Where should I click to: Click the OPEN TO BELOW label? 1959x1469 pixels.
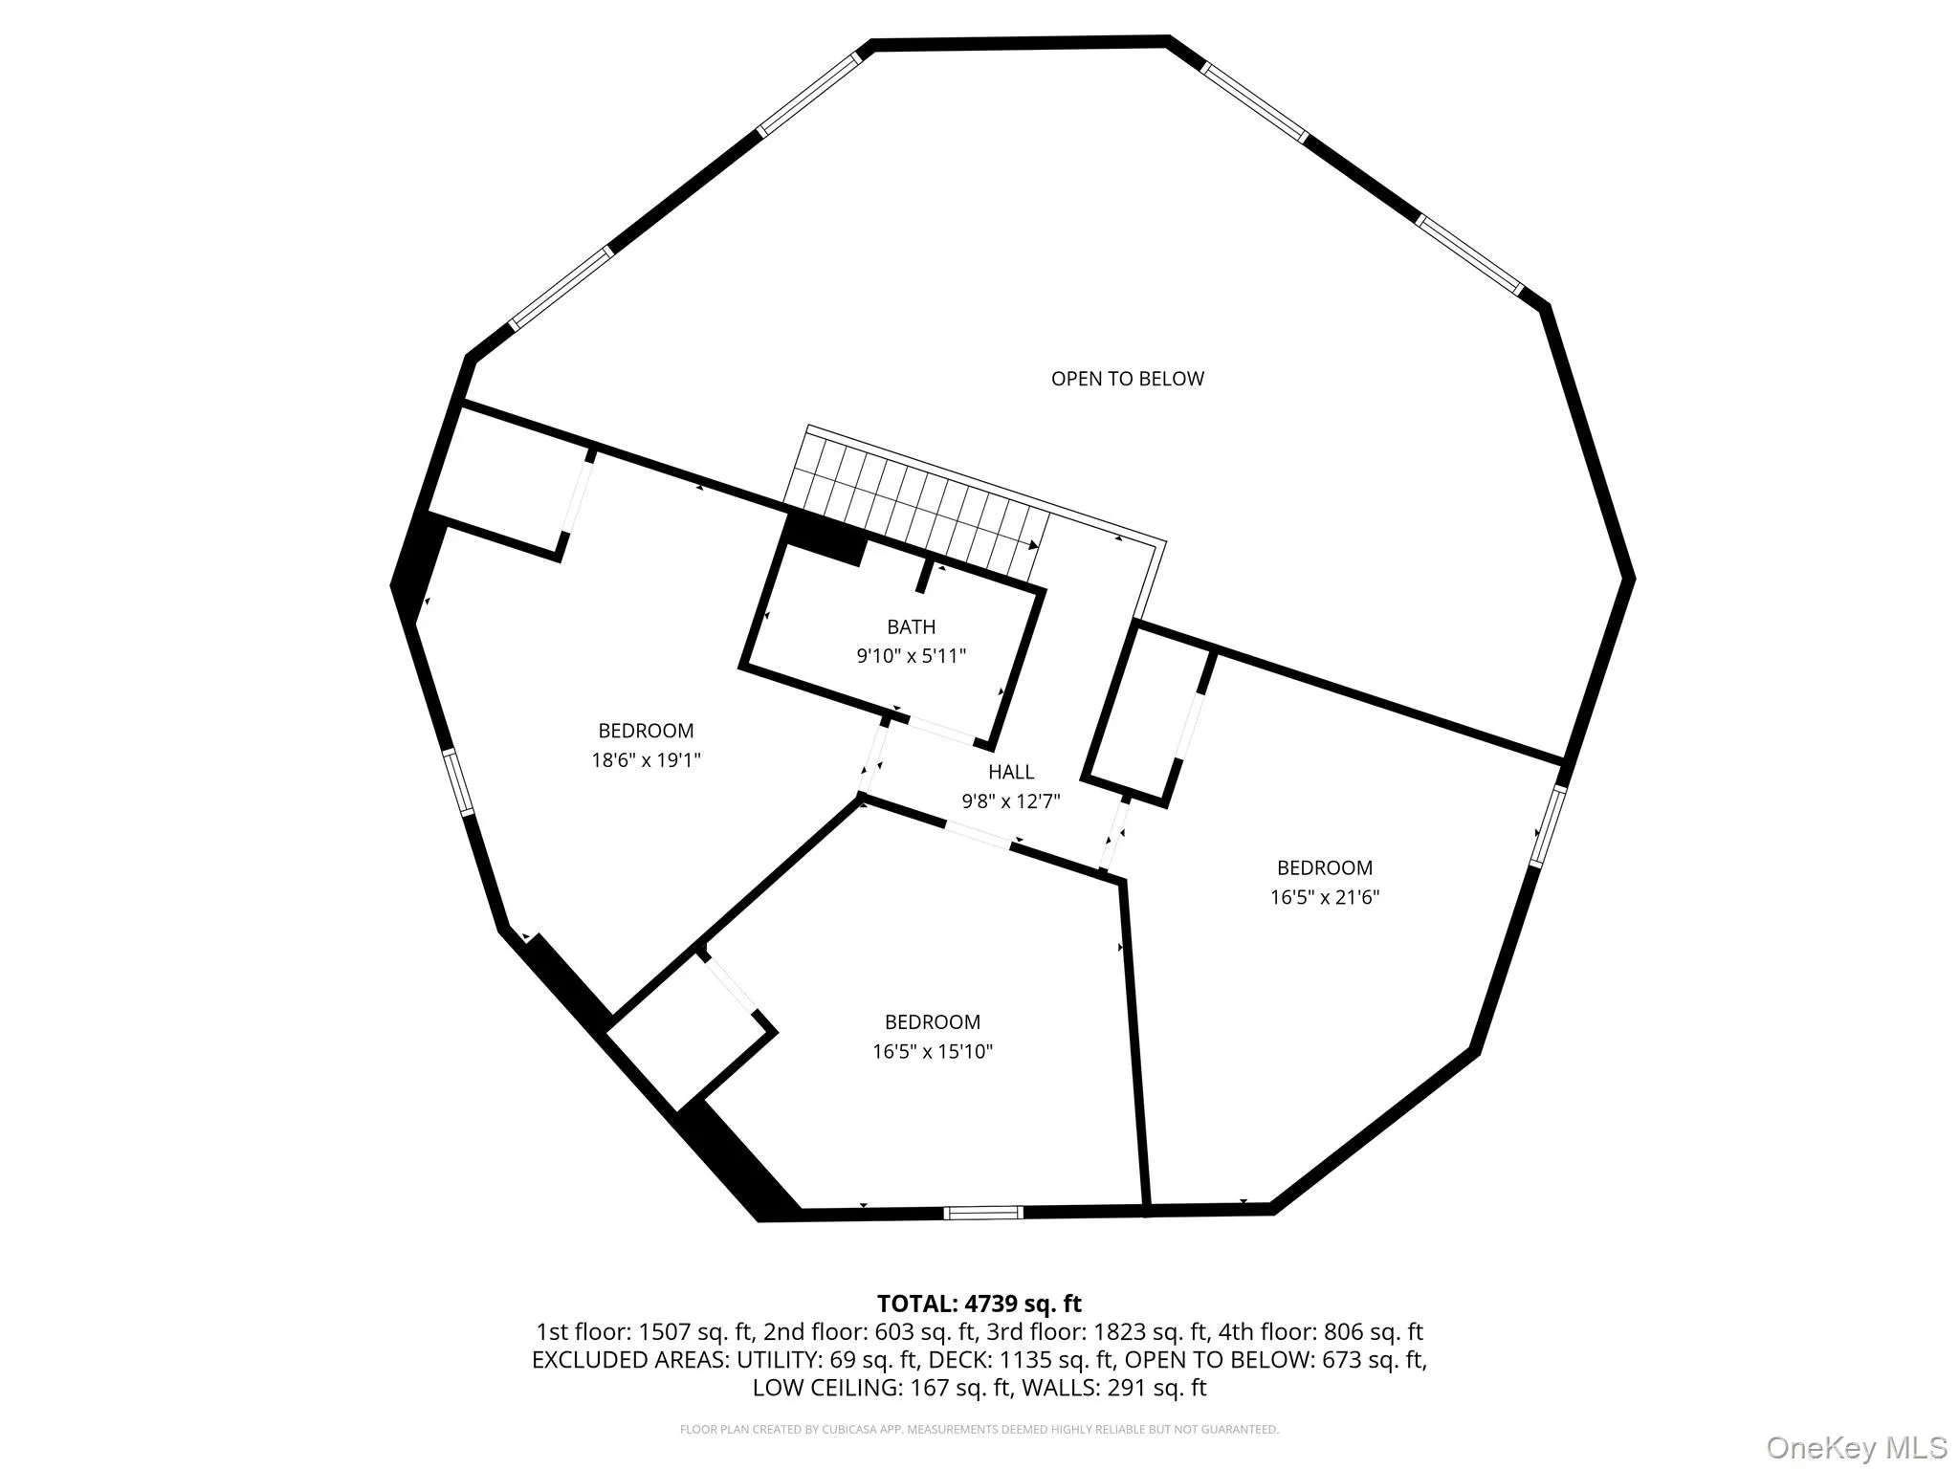[x=1127, y=379]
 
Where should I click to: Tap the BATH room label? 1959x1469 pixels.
[x=911, y=627]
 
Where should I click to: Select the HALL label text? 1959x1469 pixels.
[x=1011, y=772]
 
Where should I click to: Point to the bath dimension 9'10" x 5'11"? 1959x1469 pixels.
[x=911, y=656]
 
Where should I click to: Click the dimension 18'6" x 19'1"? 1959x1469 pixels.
[x=646, y=760]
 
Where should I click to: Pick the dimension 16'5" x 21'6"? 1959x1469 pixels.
[x=1325, y=897]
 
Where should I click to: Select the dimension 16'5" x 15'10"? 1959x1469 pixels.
[x=933, y=1052]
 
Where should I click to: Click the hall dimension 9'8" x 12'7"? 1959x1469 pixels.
[x=1011, y=801]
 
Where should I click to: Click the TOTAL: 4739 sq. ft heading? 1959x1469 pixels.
[x=979, y=1304]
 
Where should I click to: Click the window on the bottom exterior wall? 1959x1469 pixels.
[x=983, y=1213]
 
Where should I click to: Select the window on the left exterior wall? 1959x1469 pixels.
[x=458, y=780]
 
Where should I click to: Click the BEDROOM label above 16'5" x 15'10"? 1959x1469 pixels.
[x=933, y=1022]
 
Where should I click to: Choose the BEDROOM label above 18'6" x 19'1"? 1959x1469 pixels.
[x=646, y=732]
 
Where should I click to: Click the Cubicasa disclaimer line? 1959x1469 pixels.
[x=979, y=1430]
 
